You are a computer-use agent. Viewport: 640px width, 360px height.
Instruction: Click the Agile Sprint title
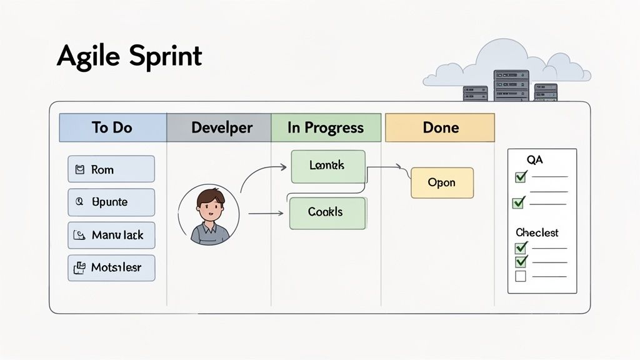129,56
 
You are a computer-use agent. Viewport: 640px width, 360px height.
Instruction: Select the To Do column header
112,127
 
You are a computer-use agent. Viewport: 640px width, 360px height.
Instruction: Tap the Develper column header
221,127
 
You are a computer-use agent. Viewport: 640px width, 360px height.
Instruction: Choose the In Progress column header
326,127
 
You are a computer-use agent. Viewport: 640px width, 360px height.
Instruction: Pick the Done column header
440,127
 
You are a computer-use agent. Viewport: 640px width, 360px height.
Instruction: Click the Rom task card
111,169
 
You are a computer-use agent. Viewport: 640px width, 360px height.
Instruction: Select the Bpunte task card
111,202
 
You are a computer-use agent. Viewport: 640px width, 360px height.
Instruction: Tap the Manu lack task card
111,235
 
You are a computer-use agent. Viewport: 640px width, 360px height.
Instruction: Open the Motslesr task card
111,267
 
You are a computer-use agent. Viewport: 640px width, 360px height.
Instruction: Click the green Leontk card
327,166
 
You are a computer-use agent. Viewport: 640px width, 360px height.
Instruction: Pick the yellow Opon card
442,182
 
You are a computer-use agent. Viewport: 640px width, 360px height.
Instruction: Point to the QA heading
534,160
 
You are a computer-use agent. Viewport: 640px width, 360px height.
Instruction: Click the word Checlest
537,232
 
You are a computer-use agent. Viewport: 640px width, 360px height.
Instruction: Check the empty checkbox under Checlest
521,276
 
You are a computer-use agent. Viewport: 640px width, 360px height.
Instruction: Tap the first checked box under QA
520,177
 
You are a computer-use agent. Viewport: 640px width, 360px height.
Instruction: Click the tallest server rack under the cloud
511,86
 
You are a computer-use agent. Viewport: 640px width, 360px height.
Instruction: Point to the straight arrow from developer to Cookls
266,214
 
